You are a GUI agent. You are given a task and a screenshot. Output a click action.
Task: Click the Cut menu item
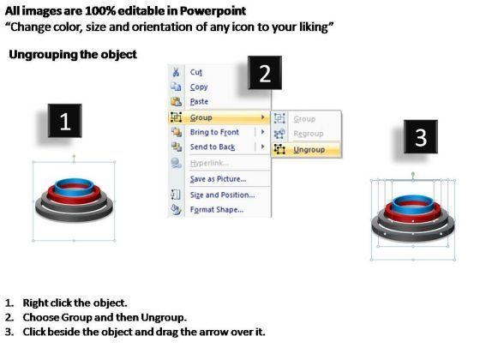196,72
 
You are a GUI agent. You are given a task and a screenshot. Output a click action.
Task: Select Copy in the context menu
199,87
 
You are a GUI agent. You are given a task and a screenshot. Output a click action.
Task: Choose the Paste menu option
199,101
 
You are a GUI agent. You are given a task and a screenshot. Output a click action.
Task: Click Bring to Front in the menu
214,132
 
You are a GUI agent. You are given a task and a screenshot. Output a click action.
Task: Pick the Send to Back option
213,147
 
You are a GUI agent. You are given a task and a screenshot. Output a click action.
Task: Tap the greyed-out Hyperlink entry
209,163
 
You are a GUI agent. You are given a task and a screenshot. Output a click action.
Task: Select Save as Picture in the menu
218,179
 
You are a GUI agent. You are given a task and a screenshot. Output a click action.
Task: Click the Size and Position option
222,195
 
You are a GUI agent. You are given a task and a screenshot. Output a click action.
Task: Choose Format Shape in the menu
217,210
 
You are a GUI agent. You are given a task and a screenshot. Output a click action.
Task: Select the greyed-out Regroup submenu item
309,134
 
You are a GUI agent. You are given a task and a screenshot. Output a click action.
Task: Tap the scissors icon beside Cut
176,72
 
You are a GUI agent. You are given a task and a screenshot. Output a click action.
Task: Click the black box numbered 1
64,121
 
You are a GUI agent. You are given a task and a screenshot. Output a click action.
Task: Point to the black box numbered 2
265,73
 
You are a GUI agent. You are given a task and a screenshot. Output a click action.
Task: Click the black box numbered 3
421,136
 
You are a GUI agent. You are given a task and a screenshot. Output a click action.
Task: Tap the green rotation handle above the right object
413,174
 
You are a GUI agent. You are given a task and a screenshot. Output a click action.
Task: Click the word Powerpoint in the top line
213,11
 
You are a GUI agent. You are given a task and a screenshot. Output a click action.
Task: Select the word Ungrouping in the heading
43,55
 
